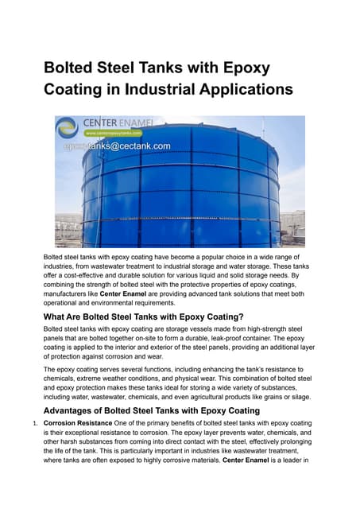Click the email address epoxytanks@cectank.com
(x=117, y=146)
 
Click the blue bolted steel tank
(x=183, y=191)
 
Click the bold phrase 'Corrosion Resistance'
(x=78, y=424)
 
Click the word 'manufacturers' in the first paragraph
(x=69, y=292)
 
